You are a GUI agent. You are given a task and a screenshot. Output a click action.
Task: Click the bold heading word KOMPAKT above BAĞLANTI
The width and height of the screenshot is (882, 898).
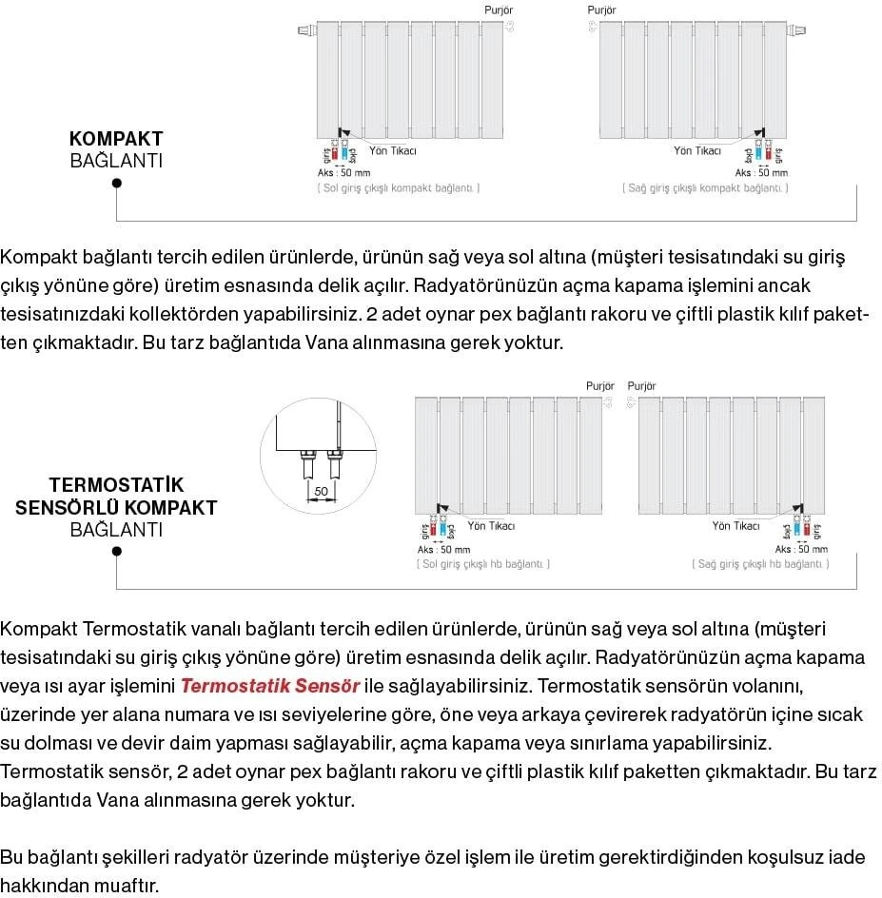116,139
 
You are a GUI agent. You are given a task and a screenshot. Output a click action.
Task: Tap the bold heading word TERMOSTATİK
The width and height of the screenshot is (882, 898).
116,485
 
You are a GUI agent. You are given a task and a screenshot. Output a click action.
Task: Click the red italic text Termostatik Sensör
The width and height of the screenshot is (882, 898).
270,686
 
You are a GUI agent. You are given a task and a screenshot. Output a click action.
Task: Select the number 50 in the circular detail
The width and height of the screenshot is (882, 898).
321,491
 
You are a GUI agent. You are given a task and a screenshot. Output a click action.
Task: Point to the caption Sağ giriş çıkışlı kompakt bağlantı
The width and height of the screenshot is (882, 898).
706,188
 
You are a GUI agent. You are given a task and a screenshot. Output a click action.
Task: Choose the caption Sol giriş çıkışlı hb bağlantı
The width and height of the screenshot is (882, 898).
483,564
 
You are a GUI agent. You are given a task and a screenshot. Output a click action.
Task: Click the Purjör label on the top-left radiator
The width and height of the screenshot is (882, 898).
499,10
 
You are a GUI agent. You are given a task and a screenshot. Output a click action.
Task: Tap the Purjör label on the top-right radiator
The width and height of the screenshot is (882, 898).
601,10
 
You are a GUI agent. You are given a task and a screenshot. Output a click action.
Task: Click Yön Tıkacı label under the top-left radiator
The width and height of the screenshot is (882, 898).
392,151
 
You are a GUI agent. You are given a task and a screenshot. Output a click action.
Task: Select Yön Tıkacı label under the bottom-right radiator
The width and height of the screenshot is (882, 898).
735,526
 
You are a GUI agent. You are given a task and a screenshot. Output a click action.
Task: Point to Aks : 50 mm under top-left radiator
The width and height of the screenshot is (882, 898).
343,173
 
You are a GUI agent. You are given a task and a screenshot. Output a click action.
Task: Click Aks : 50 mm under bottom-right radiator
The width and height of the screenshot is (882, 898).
801,549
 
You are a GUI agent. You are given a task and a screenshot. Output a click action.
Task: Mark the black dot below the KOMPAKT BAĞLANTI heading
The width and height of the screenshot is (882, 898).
116,183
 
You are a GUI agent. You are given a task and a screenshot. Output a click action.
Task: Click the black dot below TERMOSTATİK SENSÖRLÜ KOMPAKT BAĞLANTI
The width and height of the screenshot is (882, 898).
116,551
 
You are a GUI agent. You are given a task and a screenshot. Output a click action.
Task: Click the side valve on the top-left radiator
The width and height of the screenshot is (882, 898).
306,30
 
